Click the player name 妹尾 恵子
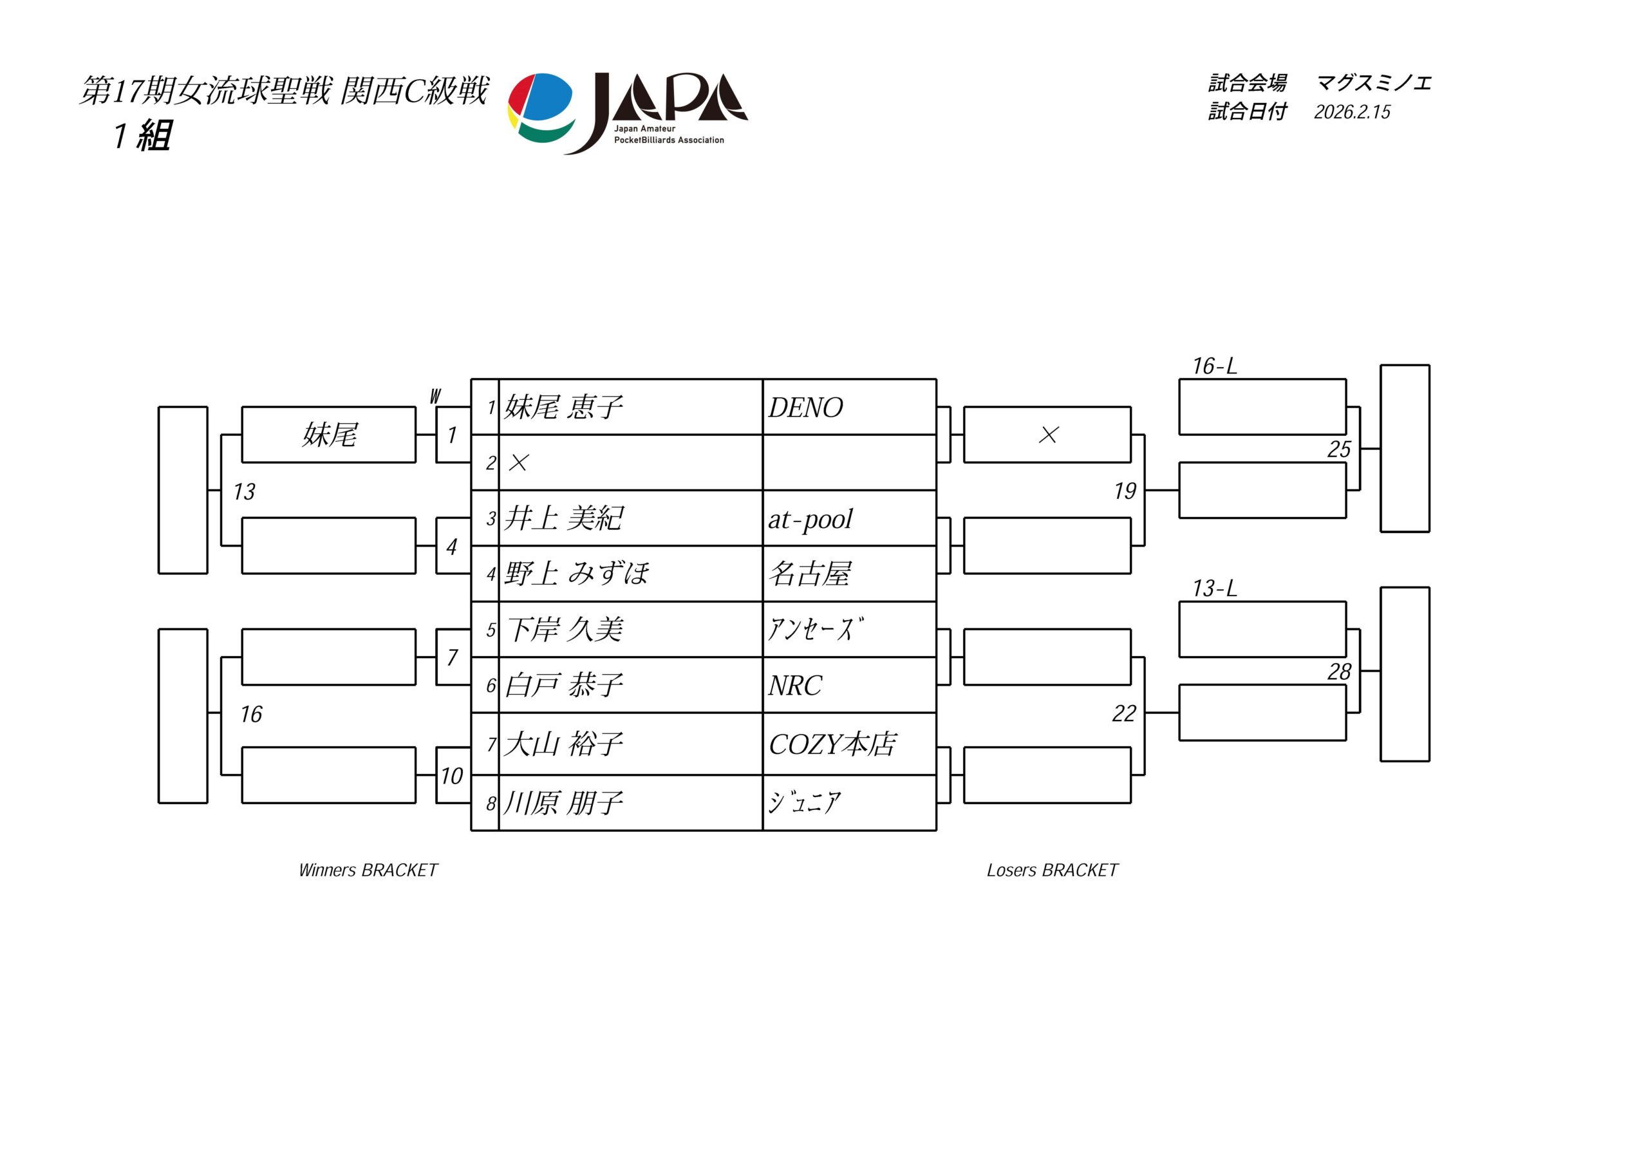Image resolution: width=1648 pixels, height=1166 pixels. point(563,407)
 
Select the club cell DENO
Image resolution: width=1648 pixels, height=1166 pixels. point(805,408)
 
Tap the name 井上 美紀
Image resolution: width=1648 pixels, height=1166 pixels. point(563,518)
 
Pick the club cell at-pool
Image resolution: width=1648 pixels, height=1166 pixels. point(810,519)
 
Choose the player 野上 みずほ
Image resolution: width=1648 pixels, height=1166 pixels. point(576,574)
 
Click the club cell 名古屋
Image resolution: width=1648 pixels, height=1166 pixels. point(810,574)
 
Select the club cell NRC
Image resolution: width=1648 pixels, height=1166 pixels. point(794,686)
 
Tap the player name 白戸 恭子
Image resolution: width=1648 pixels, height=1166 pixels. point(563,685)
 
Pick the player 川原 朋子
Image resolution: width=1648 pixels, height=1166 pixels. point(563,803)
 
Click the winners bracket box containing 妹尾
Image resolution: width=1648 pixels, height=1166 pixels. point(329,435)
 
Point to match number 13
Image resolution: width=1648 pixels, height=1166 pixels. point(244,492)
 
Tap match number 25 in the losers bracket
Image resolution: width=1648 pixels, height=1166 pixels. point(1338,449)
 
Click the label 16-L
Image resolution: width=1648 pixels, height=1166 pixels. point(1215,366)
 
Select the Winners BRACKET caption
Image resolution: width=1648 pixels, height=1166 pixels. point(368,870)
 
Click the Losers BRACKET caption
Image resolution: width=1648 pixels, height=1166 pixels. point(1053,870)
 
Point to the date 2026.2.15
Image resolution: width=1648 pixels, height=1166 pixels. point(1353,112)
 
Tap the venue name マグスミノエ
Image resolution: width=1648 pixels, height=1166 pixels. point(1374,83)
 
